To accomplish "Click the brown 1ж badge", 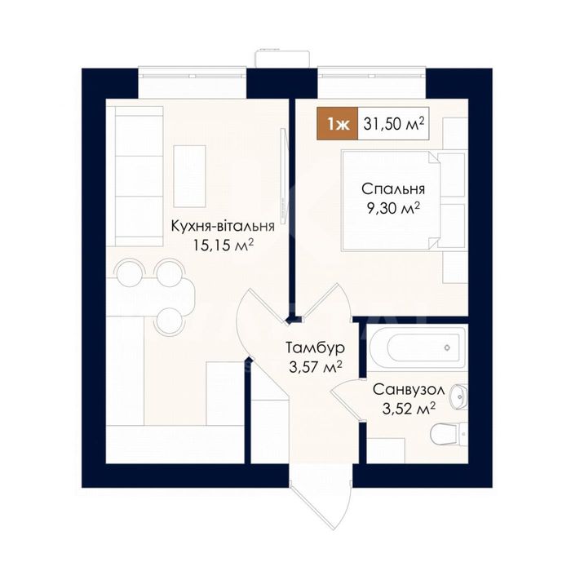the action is coord(338,124).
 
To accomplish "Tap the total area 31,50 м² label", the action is coord(394,124).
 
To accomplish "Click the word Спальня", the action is coord(393,189).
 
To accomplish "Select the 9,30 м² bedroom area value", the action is coord(394,209).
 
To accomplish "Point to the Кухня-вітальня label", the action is coord(223,226).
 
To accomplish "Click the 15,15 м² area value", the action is coord(224,246).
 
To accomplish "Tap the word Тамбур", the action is coord(315,347).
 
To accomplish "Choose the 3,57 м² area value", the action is coord(316,367).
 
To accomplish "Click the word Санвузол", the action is coord(409,390).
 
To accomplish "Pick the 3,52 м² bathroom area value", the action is coord(409,409).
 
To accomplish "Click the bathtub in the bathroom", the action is coord(416,347).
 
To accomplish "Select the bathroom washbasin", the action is coord(458,396).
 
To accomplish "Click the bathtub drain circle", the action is coord(447,347).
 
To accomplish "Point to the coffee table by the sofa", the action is coord(190,176).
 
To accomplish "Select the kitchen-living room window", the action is coord(193,76).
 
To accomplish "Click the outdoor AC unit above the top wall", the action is coord(282,58).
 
